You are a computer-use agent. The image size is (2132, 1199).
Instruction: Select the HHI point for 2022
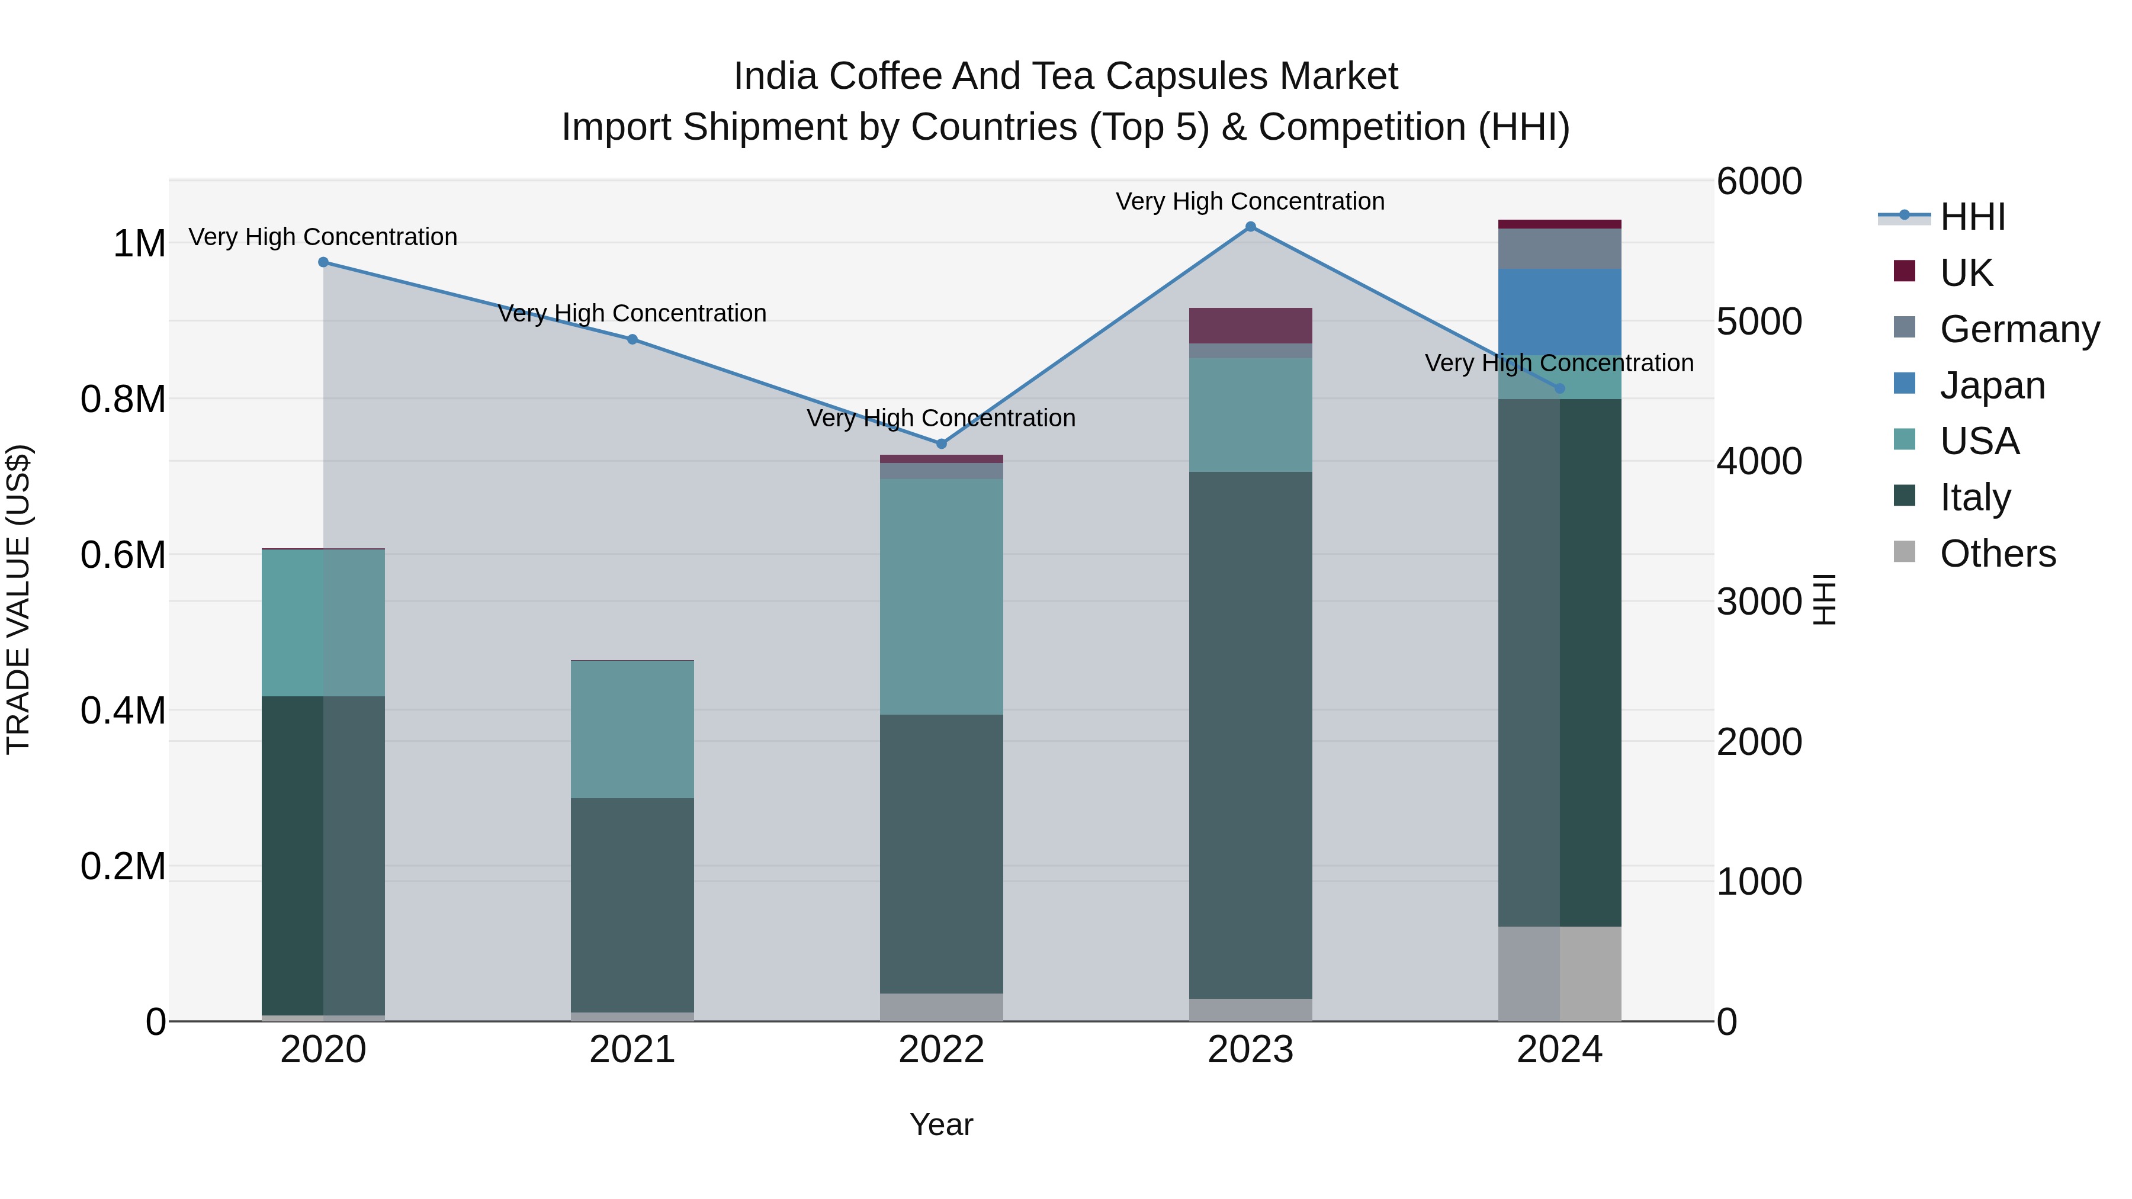[941, 444]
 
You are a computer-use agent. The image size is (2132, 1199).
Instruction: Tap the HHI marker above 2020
[323, 262]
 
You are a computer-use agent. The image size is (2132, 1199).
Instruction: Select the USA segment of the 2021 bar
[632, 729]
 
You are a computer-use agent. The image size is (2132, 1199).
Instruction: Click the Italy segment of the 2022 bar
[941, 853]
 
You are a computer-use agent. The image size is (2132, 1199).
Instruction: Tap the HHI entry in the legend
[1972, 217]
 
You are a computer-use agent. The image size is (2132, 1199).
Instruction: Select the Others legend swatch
[1905, 552]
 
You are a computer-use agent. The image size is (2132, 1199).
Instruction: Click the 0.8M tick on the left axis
[123, 400]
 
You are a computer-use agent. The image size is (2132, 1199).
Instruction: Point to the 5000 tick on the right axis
[1759, 322]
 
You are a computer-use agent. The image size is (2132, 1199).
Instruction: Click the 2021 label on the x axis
[632, 1050]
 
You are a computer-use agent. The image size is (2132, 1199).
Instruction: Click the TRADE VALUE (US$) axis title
[18, 599]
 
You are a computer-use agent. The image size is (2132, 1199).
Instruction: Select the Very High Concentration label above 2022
[941, 419]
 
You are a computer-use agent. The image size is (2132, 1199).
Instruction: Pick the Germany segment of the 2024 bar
[1559, 248]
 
